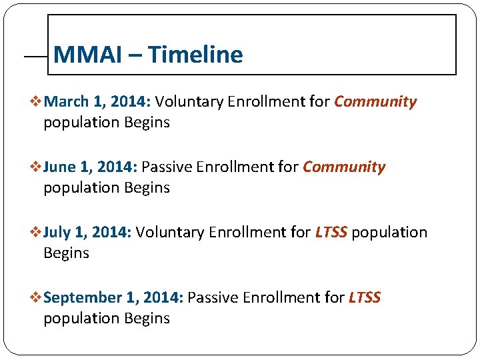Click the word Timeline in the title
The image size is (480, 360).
tap(195, 54)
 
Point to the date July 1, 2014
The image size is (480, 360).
tap(87, 233)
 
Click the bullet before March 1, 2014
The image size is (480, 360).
tap(37, 102)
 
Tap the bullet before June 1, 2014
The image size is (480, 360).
tap(37, 167)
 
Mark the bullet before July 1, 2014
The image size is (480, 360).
tap(37, 233)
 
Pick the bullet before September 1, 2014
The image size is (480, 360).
tap(37, 298)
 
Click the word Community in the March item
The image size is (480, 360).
tap(375, 102)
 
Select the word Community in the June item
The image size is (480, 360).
tap(344, 167)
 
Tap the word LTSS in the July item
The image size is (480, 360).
tap(331, 233)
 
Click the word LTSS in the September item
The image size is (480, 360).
tap(365, 298)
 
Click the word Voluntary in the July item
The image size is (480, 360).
tap(169, 233)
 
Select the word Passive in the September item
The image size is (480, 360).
tap(212, 298)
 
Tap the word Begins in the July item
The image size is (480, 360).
tap(66, 253)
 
